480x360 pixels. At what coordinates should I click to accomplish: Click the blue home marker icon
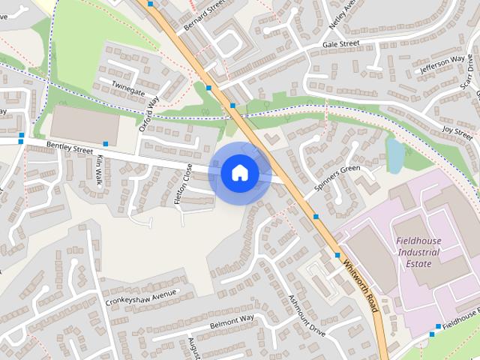(x=239, y=173)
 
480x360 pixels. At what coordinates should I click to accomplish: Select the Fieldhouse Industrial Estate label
(x=419, y=253)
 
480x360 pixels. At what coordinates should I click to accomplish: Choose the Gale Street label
(x=341, y=45)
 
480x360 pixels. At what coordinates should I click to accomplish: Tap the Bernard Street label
(x=205, y=15)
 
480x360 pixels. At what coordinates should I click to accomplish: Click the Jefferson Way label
(x=442, y=65)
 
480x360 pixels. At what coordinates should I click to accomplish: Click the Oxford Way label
(x=149, y=113)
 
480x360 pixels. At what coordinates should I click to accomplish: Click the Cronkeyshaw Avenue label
(x=142, y=298)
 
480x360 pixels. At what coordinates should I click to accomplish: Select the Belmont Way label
(x=232, y=322)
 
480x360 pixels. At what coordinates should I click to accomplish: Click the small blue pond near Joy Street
(x=394, y=154)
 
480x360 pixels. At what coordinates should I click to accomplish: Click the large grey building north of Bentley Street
(x=85, y=124)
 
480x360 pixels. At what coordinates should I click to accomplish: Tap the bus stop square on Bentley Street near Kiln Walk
(x=106, y=143)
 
